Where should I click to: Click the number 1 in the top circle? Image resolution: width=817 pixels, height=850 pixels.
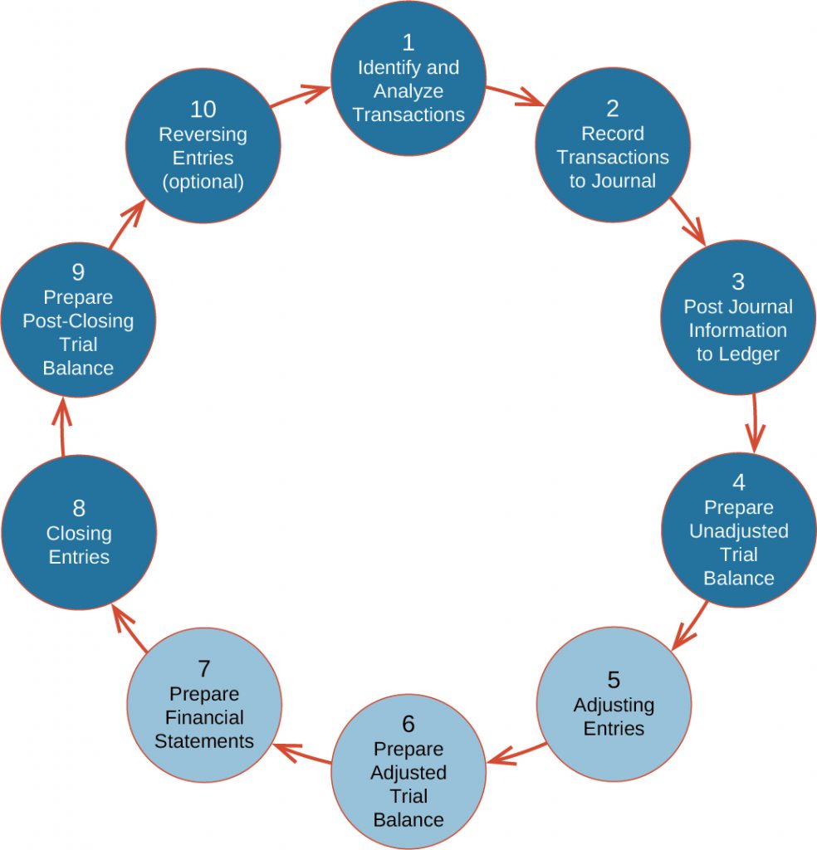pos(408,42)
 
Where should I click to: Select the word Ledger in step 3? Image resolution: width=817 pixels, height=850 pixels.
pos(750,354)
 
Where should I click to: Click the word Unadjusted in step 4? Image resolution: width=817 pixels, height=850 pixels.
pos(738,530)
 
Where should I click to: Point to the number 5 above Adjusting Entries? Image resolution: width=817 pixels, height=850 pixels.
pos(613,680)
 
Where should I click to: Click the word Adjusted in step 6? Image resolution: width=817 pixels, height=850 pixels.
pos(408,773)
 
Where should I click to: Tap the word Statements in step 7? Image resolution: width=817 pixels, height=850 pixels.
pos(203,740)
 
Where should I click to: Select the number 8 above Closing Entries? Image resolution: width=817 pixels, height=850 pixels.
pos(79,507)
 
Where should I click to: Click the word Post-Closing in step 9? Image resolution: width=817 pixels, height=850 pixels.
pos(78,320)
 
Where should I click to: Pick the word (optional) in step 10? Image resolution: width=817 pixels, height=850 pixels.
pos(203,182)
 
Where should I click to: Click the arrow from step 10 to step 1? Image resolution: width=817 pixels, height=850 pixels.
pos(299,95)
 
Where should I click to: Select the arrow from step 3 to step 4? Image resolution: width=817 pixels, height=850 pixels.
pos(755,423)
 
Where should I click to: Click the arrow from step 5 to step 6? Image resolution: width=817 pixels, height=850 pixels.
pos(515,752)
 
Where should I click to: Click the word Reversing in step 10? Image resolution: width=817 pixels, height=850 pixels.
pos(203,134)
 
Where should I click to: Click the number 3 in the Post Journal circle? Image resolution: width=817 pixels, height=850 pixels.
pos(737,281)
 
